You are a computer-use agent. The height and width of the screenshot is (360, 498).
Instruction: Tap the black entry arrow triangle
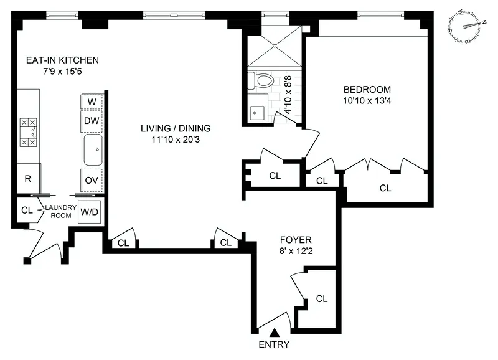(x=275, y=335)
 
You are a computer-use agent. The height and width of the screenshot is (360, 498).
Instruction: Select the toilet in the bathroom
(x=261, y=81)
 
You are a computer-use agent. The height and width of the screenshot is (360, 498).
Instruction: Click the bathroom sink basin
(x=256, y=113)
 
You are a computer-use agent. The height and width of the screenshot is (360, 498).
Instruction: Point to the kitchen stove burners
(x=28, y=132)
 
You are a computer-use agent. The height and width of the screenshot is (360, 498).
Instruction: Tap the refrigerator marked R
(x=27, y=178)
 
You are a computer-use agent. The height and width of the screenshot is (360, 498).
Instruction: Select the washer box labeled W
(x=92, y=102)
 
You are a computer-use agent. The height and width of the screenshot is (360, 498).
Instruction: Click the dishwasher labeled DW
(x=92, y=120)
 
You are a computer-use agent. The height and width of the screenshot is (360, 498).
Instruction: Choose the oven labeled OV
(x=92, y=179)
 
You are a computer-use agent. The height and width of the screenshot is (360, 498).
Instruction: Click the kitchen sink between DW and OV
(x=92, y=149)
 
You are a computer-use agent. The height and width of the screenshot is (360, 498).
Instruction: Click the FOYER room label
(x=295, y=239)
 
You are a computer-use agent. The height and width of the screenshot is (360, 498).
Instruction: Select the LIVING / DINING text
(x=175, y=129)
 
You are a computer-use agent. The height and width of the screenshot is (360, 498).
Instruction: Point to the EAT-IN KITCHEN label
(x=62, y=60)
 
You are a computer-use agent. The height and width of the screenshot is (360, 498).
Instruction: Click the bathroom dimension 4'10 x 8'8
(x=288, y=93)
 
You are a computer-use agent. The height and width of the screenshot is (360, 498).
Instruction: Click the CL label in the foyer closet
(x=321, y=298)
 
